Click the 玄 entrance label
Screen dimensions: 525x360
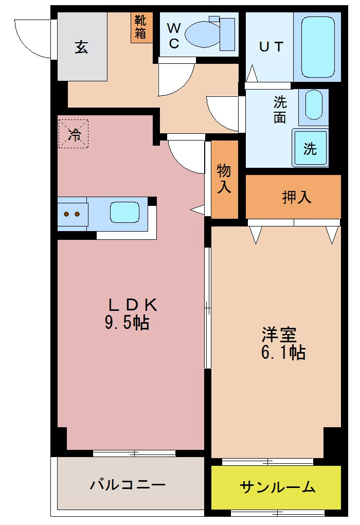(82, 47)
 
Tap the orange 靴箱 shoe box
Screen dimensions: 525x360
(141, 27)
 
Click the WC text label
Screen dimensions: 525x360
(174, 35)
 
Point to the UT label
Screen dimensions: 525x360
(271, 47)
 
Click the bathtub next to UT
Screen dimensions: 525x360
(317, 47)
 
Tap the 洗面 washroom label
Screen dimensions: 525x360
(280, 110)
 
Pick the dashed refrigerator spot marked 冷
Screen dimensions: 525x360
(73, 134)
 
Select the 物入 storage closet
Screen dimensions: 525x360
(224, 179)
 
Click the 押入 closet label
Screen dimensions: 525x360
(297, 197)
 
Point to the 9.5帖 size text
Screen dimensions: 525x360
(127, 323)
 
